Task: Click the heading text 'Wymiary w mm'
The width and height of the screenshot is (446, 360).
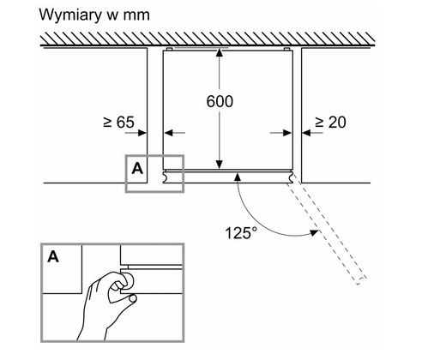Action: click(94, 15)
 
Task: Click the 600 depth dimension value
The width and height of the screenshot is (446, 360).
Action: click(220, 101)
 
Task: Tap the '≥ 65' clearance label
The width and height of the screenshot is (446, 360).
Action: click(118, 123)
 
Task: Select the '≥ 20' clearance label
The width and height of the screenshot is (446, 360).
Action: click(330, 123)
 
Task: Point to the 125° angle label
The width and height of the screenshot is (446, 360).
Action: click(241, 232)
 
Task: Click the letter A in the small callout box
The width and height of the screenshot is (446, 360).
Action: click(137, 169)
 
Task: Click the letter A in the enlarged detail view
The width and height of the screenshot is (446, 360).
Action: click(53, 256)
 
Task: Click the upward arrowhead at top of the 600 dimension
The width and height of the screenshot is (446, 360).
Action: click(220, 52)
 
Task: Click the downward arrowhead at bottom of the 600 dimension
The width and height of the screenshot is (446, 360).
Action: click(220, 165)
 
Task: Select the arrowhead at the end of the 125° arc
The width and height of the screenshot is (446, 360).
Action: click(315, 232)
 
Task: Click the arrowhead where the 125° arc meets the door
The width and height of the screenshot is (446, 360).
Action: click(238, 177)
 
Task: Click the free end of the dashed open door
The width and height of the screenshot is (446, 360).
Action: click(361, 280)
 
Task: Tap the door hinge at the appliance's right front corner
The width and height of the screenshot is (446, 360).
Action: click(292, 177)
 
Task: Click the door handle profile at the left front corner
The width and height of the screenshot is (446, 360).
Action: click(166, 177)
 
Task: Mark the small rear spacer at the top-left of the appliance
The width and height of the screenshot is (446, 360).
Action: click(169, 49)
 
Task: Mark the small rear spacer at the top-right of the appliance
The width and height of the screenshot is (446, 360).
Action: click(287, 49)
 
